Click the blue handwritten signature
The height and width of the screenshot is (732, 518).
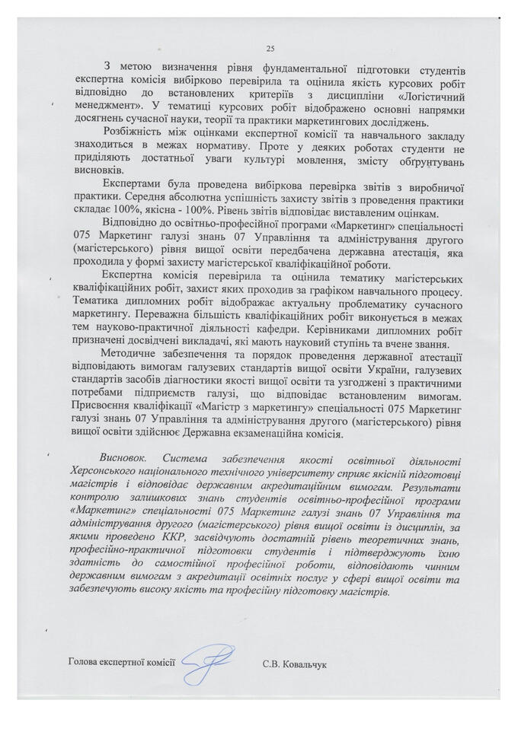[x=207, y=661]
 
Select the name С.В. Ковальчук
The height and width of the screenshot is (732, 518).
[x=293, y=664]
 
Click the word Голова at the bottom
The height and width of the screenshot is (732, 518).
[x=84, y=664]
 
